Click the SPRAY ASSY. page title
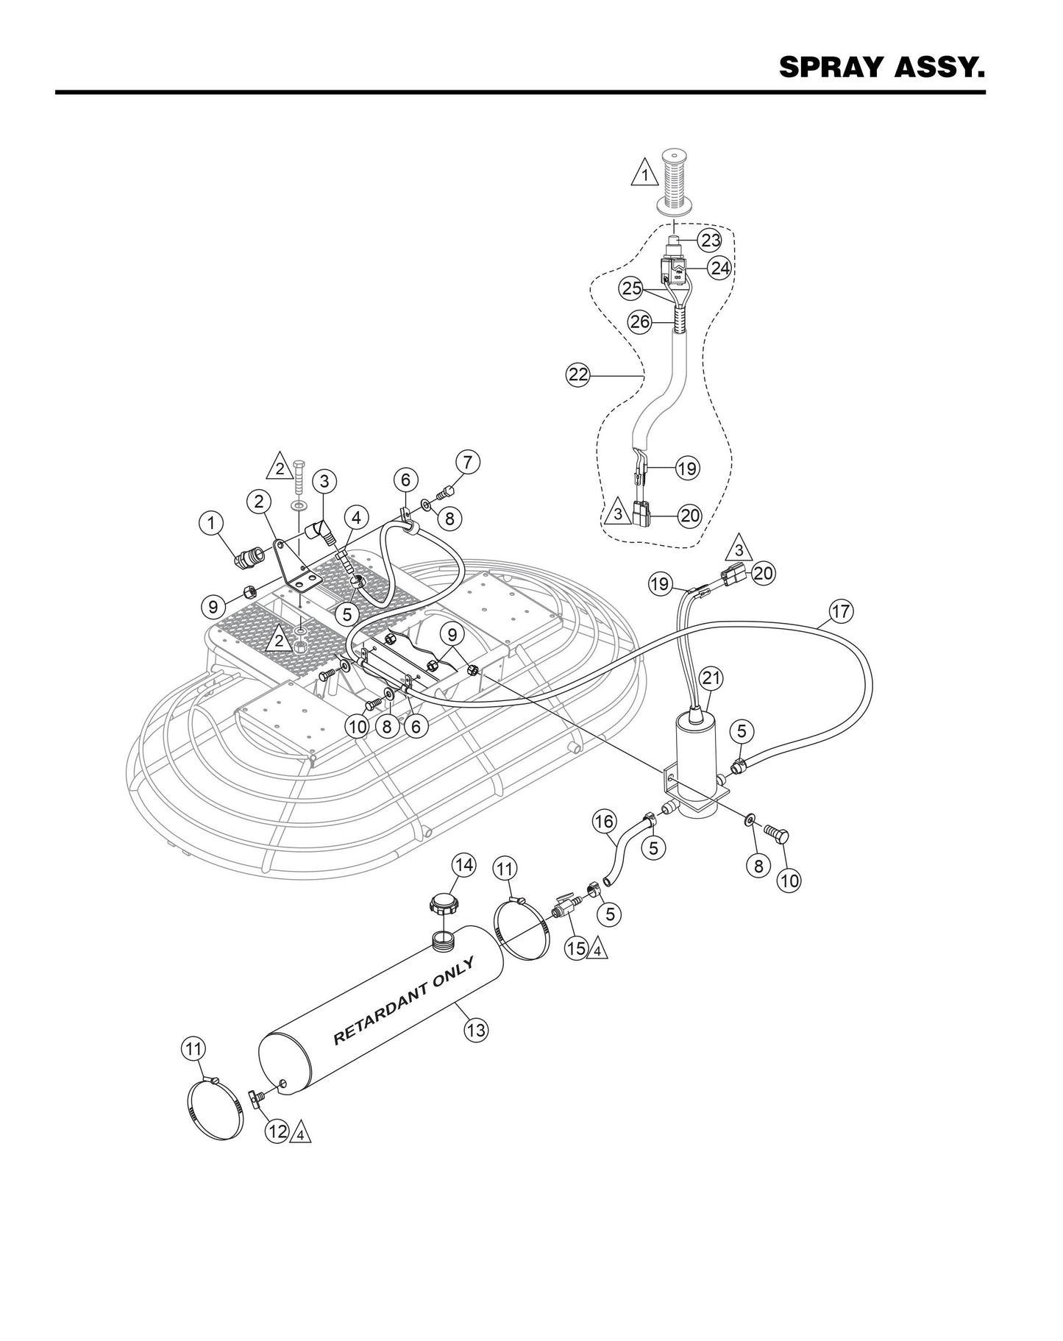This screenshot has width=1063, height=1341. pos(881,67)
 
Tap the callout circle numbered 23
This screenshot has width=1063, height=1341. pos(710,240)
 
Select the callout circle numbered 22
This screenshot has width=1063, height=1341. pos(577,374)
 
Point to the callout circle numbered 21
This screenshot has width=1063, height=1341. pos(710,677)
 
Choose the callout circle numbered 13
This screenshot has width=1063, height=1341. pos(476,1029)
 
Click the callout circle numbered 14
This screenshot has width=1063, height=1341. pos(464,864)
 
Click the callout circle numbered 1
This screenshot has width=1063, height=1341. pos(211,523)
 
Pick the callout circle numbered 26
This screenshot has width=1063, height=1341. pos(639,321)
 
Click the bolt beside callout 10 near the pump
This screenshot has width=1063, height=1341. pos(777,834)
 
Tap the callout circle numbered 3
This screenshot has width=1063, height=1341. pos(324,482)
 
